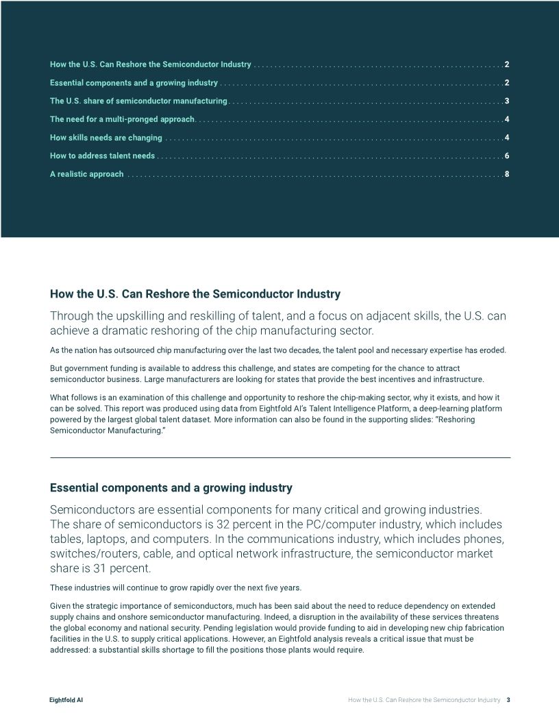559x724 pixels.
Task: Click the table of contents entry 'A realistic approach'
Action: click(x=87, y=174)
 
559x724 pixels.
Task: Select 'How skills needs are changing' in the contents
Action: click(x=106, y=138)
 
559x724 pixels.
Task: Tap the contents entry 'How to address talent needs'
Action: click(x=103, y=156)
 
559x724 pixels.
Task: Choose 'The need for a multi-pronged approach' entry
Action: click(x=123, y=119)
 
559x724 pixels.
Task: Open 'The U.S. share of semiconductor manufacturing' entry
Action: click(x=138, y=101)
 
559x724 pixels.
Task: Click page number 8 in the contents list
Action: click(x=506, y=174)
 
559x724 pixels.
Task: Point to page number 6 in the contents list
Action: click(x=506, y=156)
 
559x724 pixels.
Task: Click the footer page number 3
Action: click(x=508, y=700)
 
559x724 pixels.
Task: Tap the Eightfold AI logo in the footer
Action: click(x=66, y=700)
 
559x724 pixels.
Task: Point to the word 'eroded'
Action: click(x=492, y=350)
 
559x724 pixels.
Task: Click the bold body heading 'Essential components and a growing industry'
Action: click(x=171, y=488)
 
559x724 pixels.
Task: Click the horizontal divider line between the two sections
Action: click(x=279, y=457)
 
